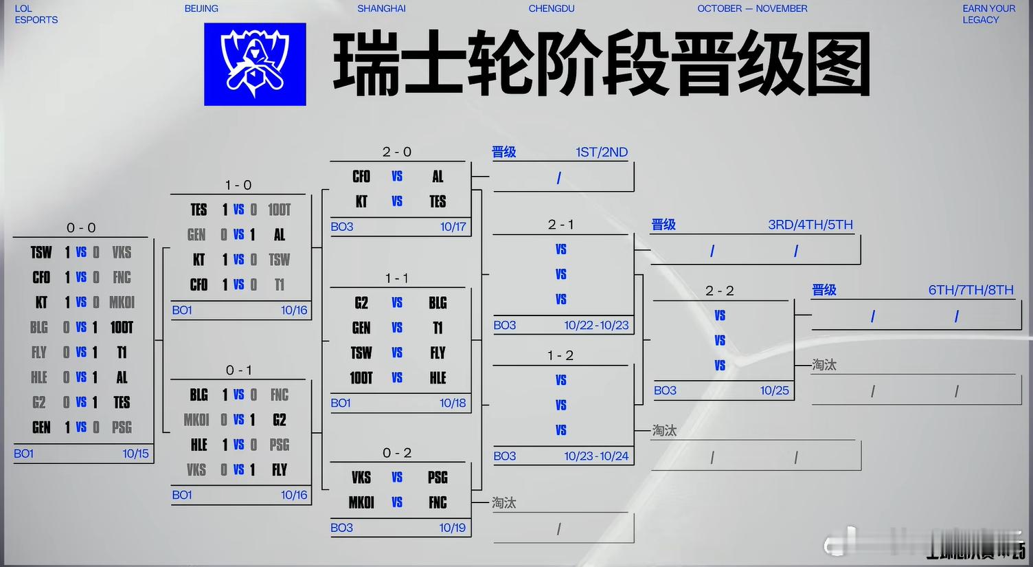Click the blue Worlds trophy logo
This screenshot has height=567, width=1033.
pyautogui.click(x=255, y=64)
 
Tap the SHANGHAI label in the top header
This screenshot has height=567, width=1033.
pyautogui.click(x=381, y=8)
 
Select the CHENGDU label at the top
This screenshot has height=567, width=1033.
pyautogui.click(x=552, y=8)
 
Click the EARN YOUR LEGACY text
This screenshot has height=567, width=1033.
pyautogui.click(x=988, y=14)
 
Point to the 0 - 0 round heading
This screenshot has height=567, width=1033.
pyautogui.click(x=81, y=227)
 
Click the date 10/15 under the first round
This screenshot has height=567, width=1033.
pyautogui.click(x=135, y=454)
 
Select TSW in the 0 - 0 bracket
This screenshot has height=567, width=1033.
pyautogui.click(x=41, y=253)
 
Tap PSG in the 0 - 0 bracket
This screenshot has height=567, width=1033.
pyautogui.click(x=122, y=427)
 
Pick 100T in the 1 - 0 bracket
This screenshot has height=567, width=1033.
pyautogui.click(x=279, y=210)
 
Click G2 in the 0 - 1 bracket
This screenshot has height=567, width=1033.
pyautogui.click(x=279, y=420)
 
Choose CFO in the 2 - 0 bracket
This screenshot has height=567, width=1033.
pyautogui.click(x=361, y=177)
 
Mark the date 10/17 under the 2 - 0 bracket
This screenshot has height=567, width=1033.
pyautogui.click(x=453, y=227)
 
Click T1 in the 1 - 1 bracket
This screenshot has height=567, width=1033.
pyautogui.click(x=438, y=328)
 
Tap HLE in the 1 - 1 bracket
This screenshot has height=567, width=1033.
pyautogui.click(x=438, y=378)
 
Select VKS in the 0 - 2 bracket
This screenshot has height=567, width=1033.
pyautogui.click(x=361, y=478)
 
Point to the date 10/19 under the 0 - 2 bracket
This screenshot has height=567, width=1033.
pyautogui.click(x=453, y=528)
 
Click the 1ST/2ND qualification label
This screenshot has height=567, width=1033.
pyautogui.click(x=602, y=152)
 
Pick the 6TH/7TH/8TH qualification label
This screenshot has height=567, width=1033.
pyautogui.click(x=970, y=290)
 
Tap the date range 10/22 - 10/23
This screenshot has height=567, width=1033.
pyautogui.click(x=596, y=325)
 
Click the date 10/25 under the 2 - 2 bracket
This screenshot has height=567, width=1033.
pyautogui.click(x=774, y=390)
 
